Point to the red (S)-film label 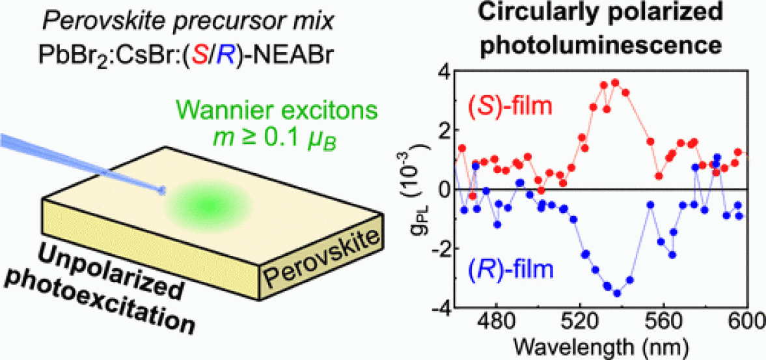coord(508,104)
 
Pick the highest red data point coord(615,83)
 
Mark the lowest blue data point coord(617,293)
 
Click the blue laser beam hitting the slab coord(78,163)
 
